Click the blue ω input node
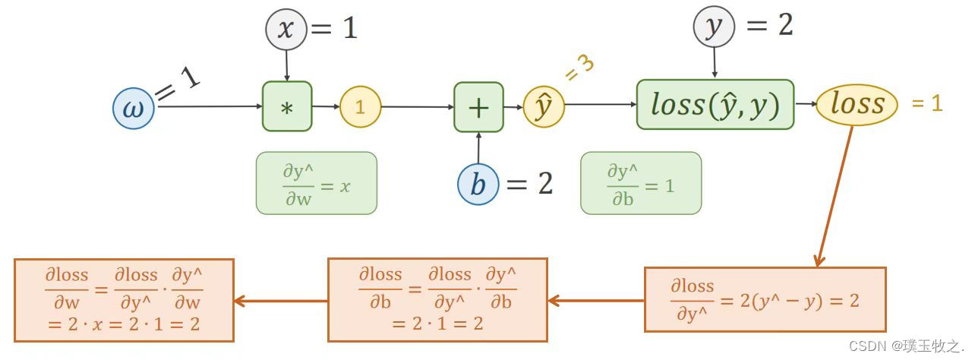(x=134, y=108)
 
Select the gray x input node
(x=286, y=30)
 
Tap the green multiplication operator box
(x=287, y=106)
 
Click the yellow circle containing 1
(x=360, y=107)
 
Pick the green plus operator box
(x=478, y=107)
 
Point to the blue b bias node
(x=478, y=185)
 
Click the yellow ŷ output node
(x=544, y=107)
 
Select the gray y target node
(x=714, y=28)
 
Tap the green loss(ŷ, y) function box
(x=715, y=105)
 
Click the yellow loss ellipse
(x=857, y=104)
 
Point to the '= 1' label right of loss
(x=926, y=104)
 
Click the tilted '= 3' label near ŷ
(x=579, y=68)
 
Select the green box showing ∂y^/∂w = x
(x=316, y=183)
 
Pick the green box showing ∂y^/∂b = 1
(x=641, y=183)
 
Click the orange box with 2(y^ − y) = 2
(x=765, y=299)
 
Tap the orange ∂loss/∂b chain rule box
(x=437, y=299)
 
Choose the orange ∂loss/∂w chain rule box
(x=124, y=299)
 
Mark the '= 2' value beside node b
(x=530, y=184)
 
